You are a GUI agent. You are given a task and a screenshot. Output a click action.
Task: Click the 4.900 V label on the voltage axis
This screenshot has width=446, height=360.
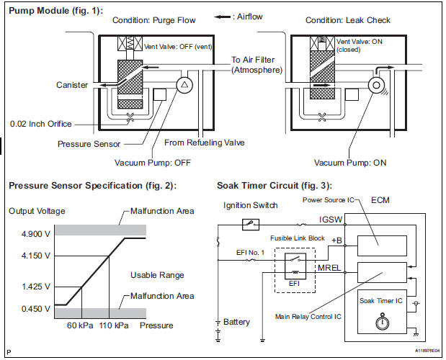[36, 234]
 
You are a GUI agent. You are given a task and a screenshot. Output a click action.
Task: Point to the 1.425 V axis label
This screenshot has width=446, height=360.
[36, 287]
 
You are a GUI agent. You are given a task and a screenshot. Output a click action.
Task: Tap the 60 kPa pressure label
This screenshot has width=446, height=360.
[80, 325]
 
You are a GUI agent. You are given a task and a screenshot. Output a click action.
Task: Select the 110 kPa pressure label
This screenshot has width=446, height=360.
[114, 325]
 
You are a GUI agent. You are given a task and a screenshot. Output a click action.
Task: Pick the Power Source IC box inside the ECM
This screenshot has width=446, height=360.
[382, 246]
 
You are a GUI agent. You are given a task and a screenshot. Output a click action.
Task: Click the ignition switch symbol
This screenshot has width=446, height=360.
[250, 225]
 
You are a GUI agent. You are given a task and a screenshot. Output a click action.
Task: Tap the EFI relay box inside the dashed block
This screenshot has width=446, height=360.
[295, 266]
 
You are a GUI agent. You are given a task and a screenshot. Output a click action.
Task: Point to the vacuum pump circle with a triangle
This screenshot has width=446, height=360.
[184, 85]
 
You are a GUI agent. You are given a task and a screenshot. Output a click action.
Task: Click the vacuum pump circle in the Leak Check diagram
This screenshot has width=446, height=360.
[376, 85]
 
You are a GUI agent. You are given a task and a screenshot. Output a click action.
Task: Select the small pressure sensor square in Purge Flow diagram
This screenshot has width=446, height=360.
[159, 94]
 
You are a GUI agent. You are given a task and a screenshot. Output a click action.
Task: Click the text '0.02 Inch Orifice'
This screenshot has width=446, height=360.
[40, 124]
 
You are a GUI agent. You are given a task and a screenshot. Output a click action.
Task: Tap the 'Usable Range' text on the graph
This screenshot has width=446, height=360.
[157, 275]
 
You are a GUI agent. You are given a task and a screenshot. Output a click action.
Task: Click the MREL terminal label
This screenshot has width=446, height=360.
[329, 268]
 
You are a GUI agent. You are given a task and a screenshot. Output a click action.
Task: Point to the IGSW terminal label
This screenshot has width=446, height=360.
[331, 220]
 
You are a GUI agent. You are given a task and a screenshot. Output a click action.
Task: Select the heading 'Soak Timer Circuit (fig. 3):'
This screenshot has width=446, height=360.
[275, 186]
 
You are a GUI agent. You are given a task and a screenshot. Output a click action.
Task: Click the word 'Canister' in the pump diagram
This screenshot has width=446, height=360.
[72, 85]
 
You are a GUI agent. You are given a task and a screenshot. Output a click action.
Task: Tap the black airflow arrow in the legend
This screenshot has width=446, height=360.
[222, 17]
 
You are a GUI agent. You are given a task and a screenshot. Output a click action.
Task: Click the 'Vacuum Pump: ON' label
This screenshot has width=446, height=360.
[350, 163]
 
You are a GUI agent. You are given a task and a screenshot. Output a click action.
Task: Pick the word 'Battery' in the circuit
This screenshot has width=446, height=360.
[236, 322]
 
